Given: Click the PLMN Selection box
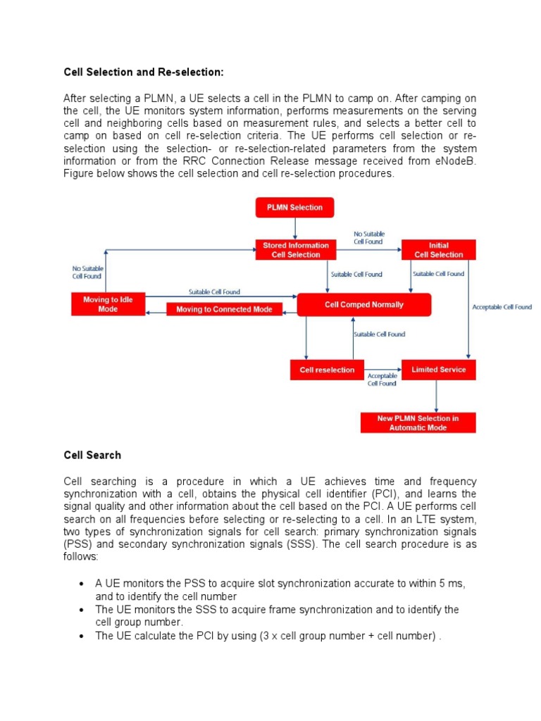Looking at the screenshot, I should pos(294,208).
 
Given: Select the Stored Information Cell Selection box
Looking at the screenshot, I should pos(296,250).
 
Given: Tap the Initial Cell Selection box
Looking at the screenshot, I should pos(438,250).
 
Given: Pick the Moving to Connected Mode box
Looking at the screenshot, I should pos(224,309).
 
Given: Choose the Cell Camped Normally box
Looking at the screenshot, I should pos(363,305).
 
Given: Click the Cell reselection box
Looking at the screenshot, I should pos(327,370).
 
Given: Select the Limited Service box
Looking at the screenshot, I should pos(438,370).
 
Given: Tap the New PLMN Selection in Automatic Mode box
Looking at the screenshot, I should pos(418,422).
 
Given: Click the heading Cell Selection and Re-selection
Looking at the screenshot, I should pos(144,72).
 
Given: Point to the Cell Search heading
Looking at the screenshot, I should pos(92,455).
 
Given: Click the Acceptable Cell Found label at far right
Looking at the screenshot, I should pos(502,307).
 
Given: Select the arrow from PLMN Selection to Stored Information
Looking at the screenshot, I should pos(294,228).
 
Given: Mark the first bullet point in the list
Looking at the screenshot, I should pos(82,584).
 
